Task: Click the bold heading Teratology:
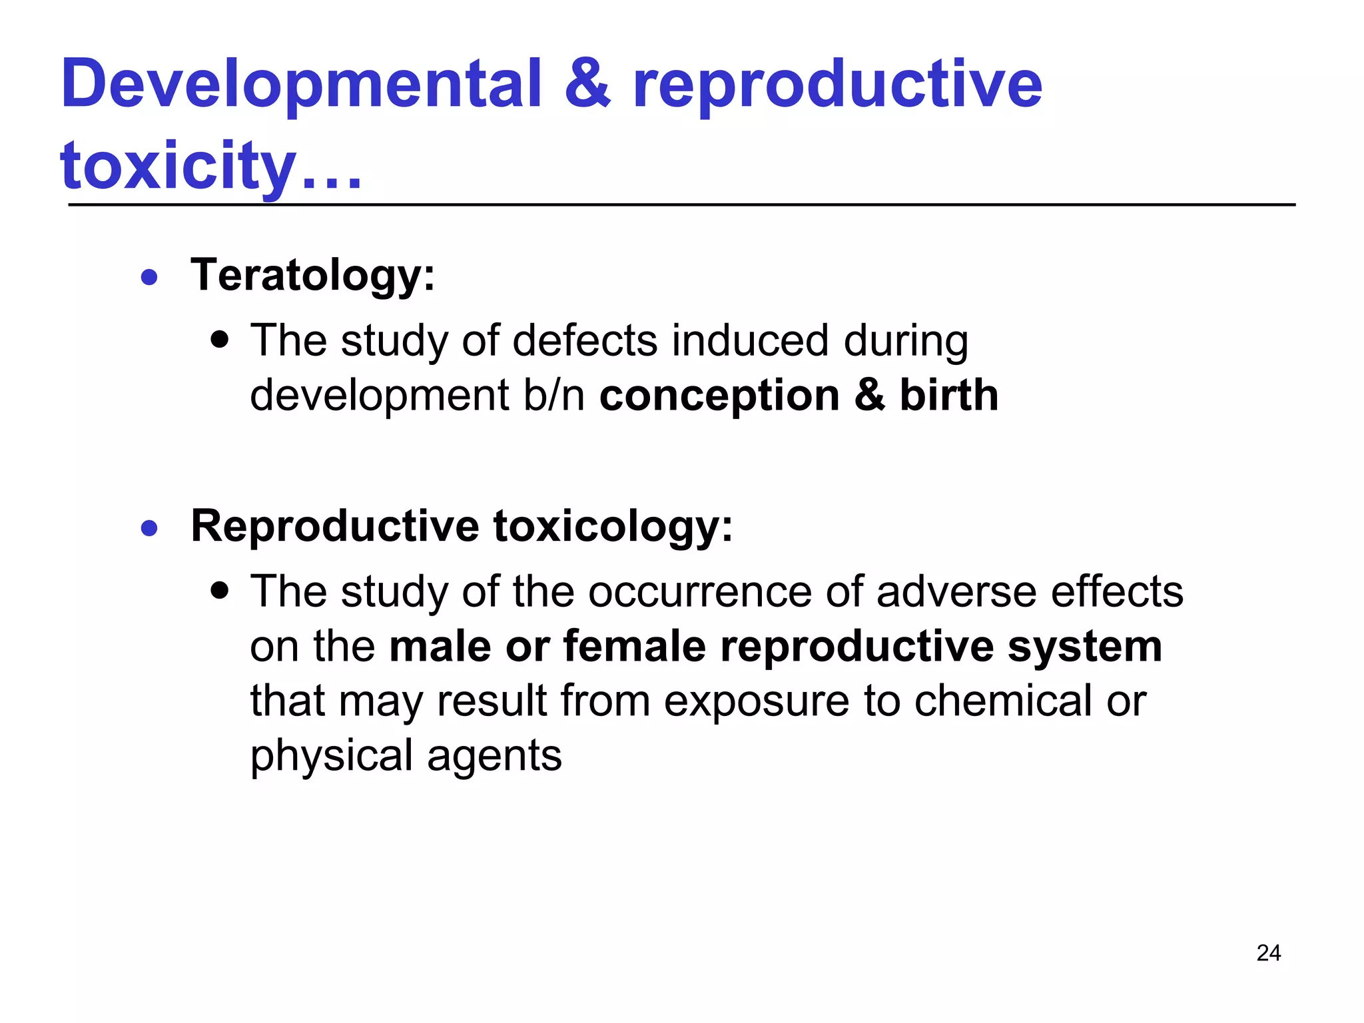[x=312, y=275]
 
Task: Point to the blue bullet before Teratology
[x=150, y=277]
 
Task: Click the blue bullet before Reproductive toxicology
[x=150, y=529]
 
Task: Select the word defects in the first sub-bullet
[x=584, y=341]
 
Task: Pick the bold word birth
[x=949, y=396]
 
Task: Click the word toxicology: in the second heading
[x=613, y=527]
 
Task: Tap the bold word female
[x=634, y=647]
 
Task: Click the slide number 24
[x=1268, y=953]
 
